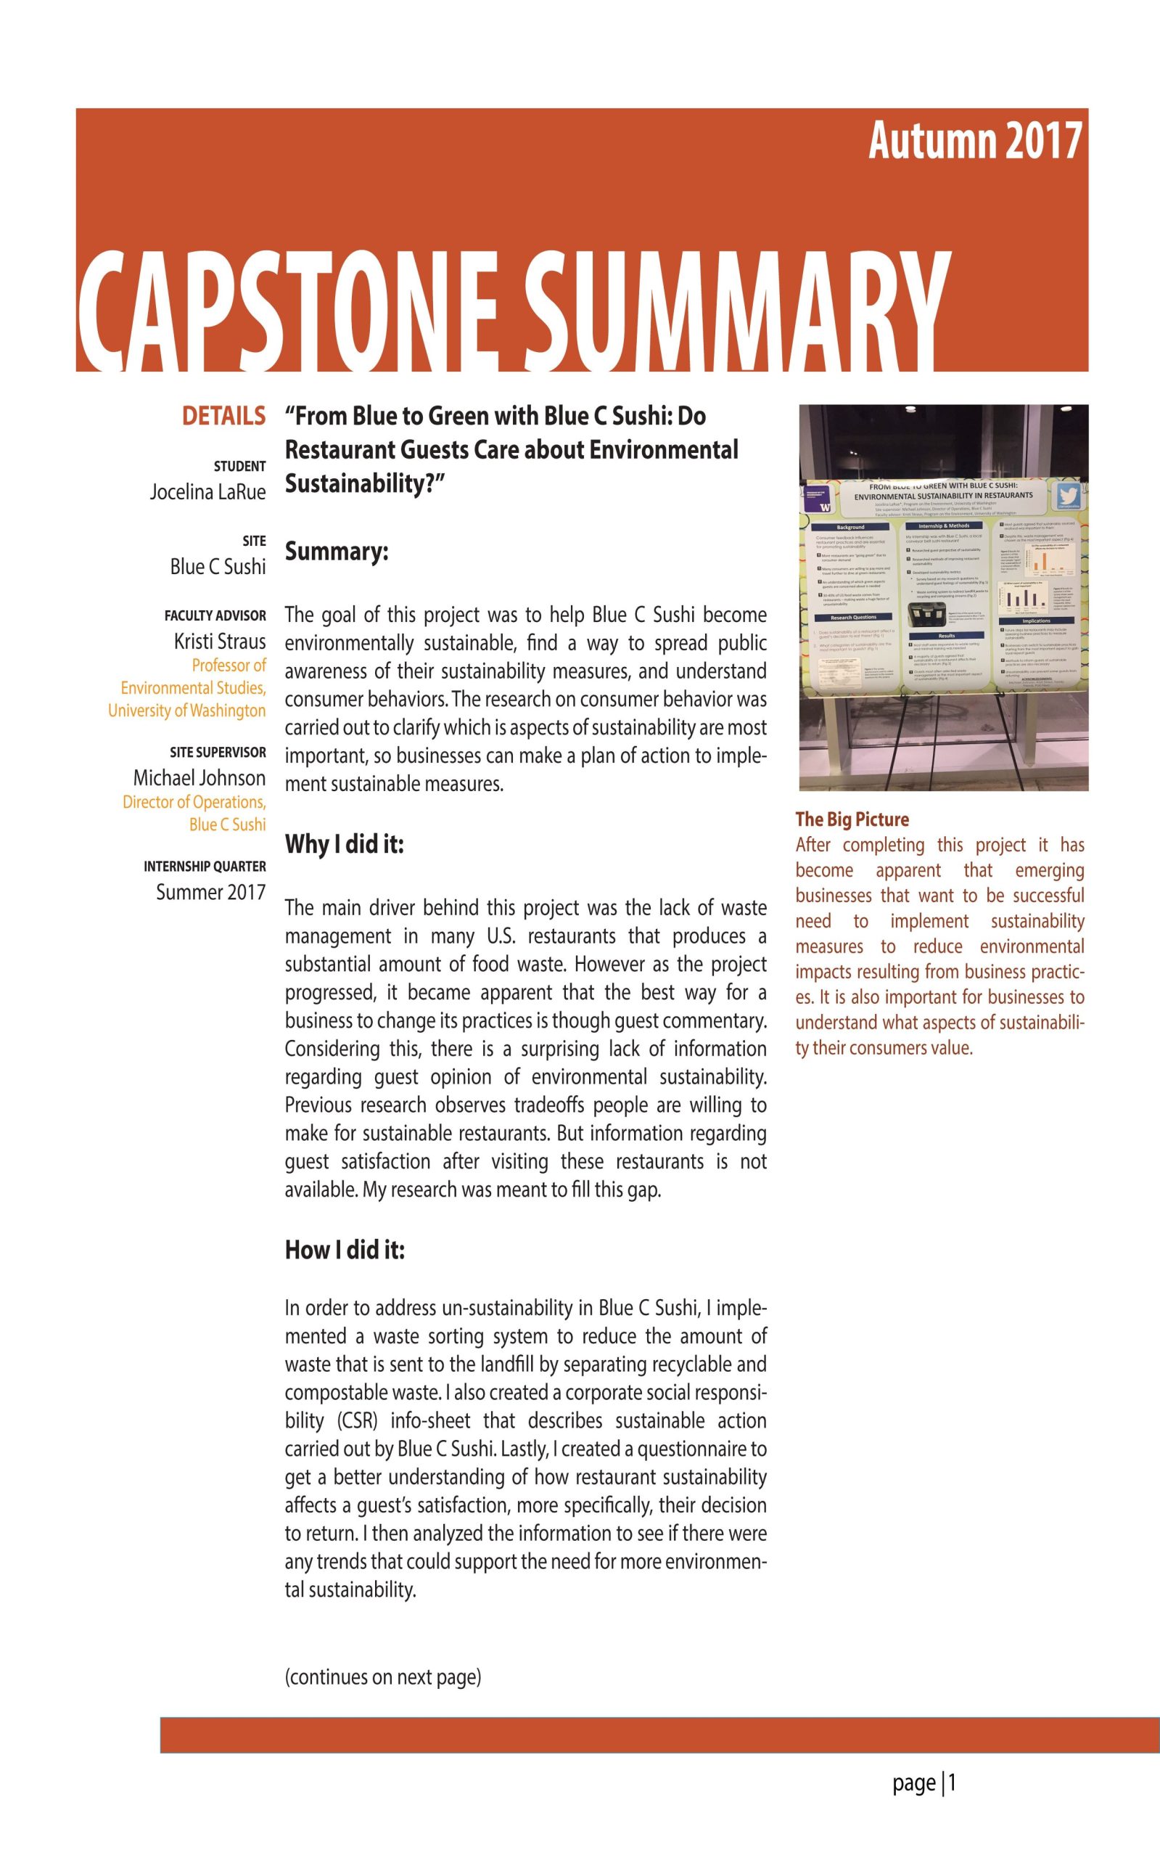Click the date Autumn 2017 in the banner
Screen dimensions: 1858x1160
coord(974,142)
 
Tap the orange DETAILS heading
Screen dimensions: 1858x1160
coord(223,416)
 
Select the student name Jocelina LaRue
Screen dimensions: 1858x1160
coord(207,492)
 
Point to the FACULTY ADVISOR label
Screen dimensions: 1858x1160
coord(215,615)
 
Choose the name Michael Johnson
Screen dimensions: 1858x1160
coord(199,777)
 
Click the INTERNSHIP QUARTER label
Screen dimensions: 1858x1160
coord(204,867)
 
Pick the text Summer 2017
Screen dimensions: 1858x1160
coord(210,892)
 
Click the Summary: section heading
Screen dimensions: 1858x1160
coord(336,552)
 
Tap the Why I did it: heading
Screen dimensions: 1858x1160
coord(344,845)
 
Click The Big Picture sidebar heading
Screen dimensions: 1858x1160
coord(852,819)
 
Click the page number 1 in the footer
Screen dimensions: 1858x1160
coord(951,1782)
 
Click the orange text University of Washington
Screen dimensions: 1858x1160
coord(186,711)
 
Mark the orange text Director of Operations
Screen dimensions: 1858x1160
coord(194,802)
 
